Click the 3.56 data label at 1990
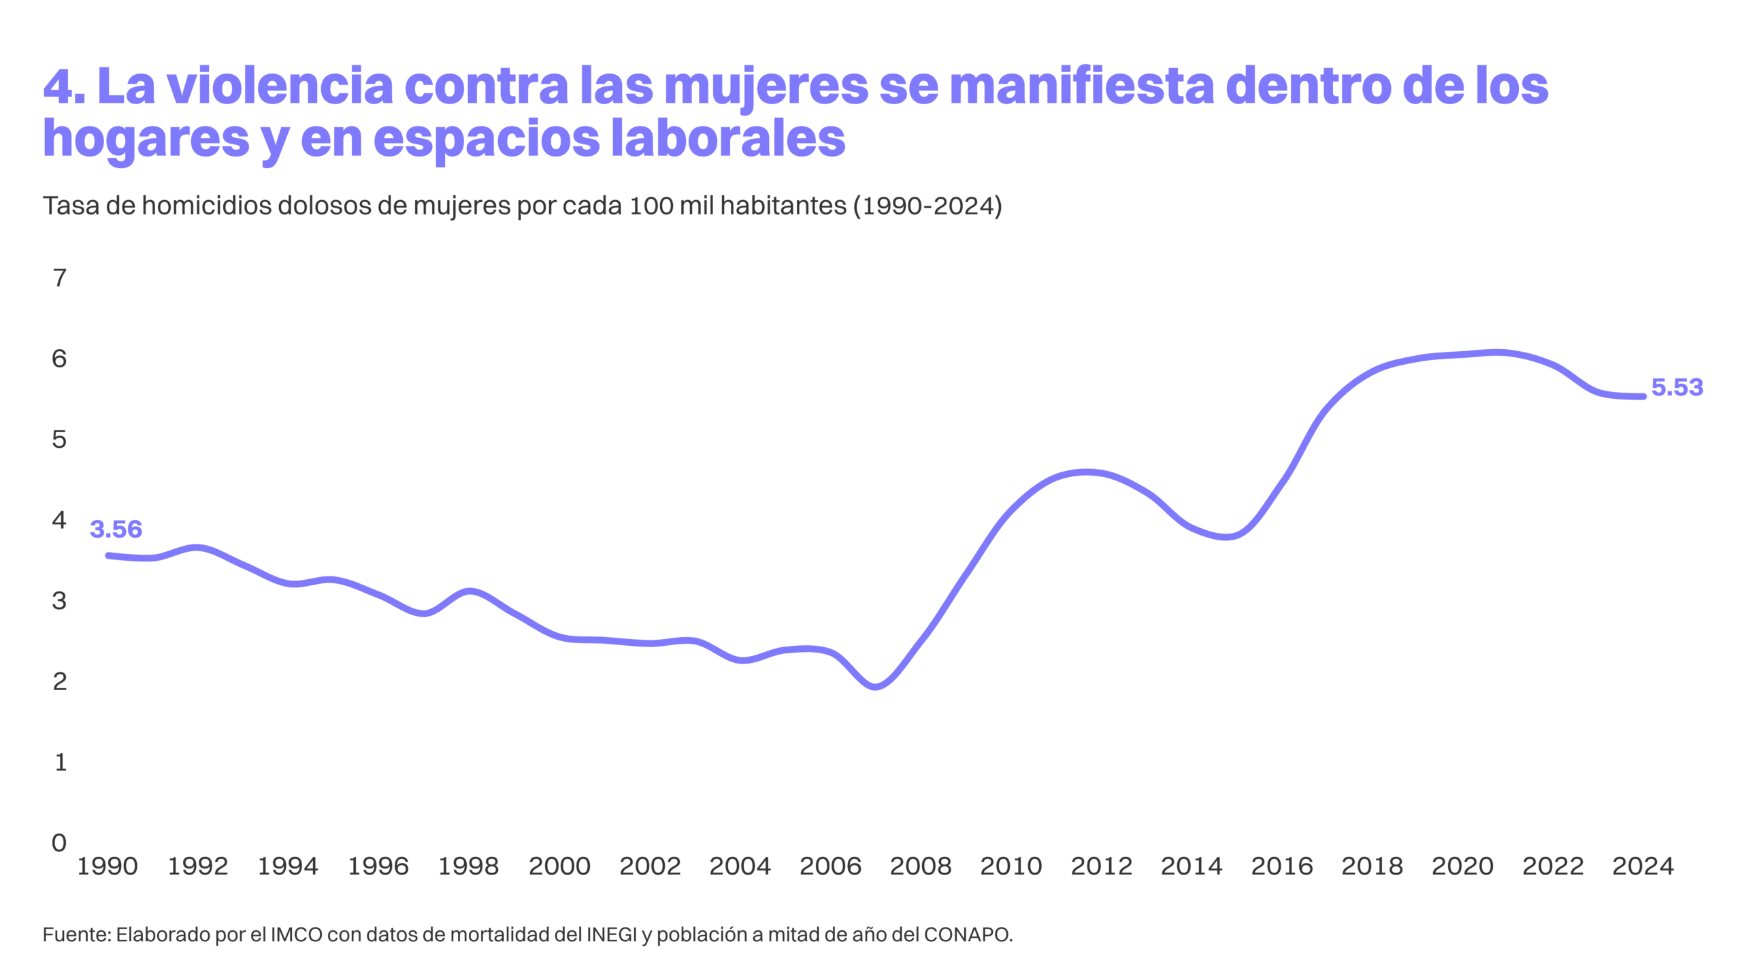[x=116, y=529]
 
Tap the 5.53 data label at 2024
[x=1677, y=387]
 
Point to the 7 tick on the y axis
[x=60, y=278]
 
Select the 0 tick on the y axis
[x=60, y=843]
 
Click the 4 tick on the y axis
[x=60, y=520]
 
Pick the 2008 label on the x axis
[x=921, y=866]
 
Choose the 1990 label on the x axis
[x=108, y=866]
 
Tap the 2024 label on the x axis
[x=1643, y=866]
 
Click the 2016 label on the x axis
[x=1282, y=866]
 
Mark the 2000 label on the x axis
[x=559, y=866]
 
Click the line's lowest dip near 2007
[x=876, y=686]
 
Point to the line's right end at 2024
[x=1643, y=396]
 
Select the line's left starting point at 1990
[x=108, y=555]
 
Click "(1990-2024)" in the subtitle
[x=927, y=206]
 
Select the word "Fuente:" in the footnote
[x=76, y=935]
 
